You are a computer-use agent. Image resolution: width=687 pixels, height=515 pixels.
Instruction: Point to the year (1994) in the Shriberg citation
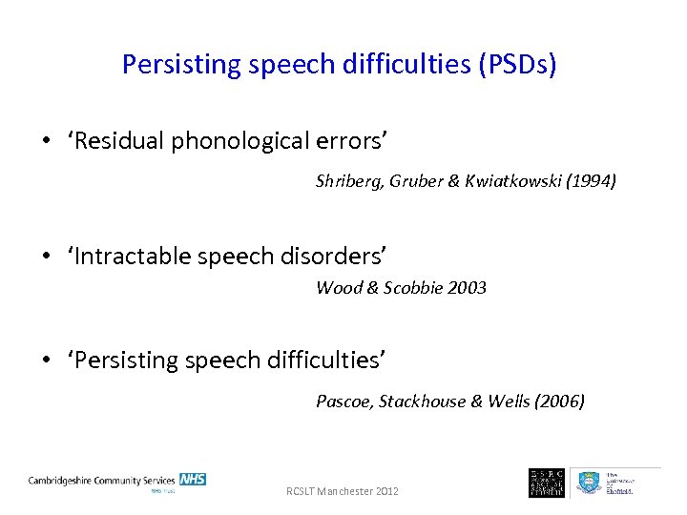point(591,180)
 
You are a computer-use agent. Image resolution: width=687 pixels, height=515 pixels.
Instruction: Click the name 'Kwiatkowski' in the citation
point(510,180)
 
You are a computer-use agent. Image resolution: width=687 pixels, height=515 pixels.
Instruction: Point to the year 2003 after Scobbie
point(466,287)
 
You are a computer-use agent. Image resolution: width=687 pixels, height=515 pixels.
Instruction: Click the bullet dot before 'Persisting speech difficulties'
point(46,360)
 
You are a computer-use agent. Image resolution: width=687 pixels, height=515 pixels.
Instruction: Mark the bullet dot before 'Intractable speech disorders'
point(46,257)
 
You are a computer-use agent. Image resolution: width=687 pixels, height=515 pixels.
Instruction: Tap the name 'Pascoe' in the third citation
point(344,402)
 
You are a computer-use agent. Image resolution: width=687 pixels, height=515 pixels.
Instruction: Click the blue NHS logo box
point(193,479)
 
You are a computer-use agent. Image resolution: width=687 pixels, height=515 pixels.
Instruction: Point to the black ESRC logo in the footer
point(546,483)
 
